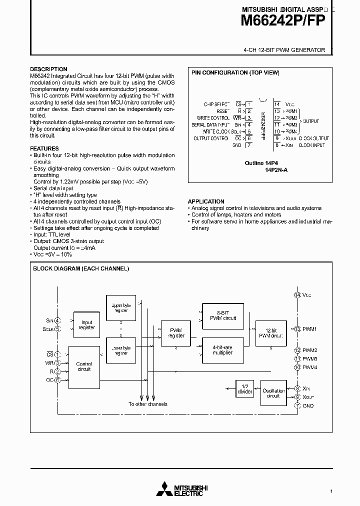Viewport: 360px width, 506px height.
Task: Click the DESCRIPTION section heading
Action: click(48, 69)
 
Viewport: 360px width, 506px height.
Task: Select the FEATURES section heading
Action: click(44, 148)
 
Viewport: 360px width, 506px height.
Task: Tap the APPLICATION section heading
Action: click(206, 201)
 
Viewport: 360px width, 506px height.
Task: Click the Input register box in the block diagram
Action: click(86, 325)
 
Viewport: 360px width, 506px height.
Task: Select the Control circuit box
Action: click(84, 366)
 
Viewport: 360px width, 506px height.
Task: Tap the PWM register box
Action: click(176, 333)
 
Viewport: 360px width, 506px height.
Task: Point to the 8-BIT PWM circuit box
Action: click(223, 315)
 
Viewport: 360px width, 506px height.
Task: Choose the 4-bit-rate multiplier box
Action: click(223, 349)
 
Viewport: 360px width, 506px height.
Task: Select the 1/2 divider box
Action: click(245, 389)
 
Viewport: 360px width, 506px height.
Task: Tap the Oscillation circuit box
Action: click(273, 393)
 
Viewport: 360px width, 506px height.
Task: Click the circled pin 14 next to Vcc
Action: click(297, 295)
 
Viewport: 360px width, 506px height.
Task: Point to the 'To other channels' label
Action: click(147, 404)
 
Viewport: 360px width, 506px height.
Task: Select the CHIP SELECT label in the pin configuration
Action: click(215, 104)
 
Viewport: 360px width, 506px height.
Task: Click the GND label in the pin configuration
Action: click(237, 145)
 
